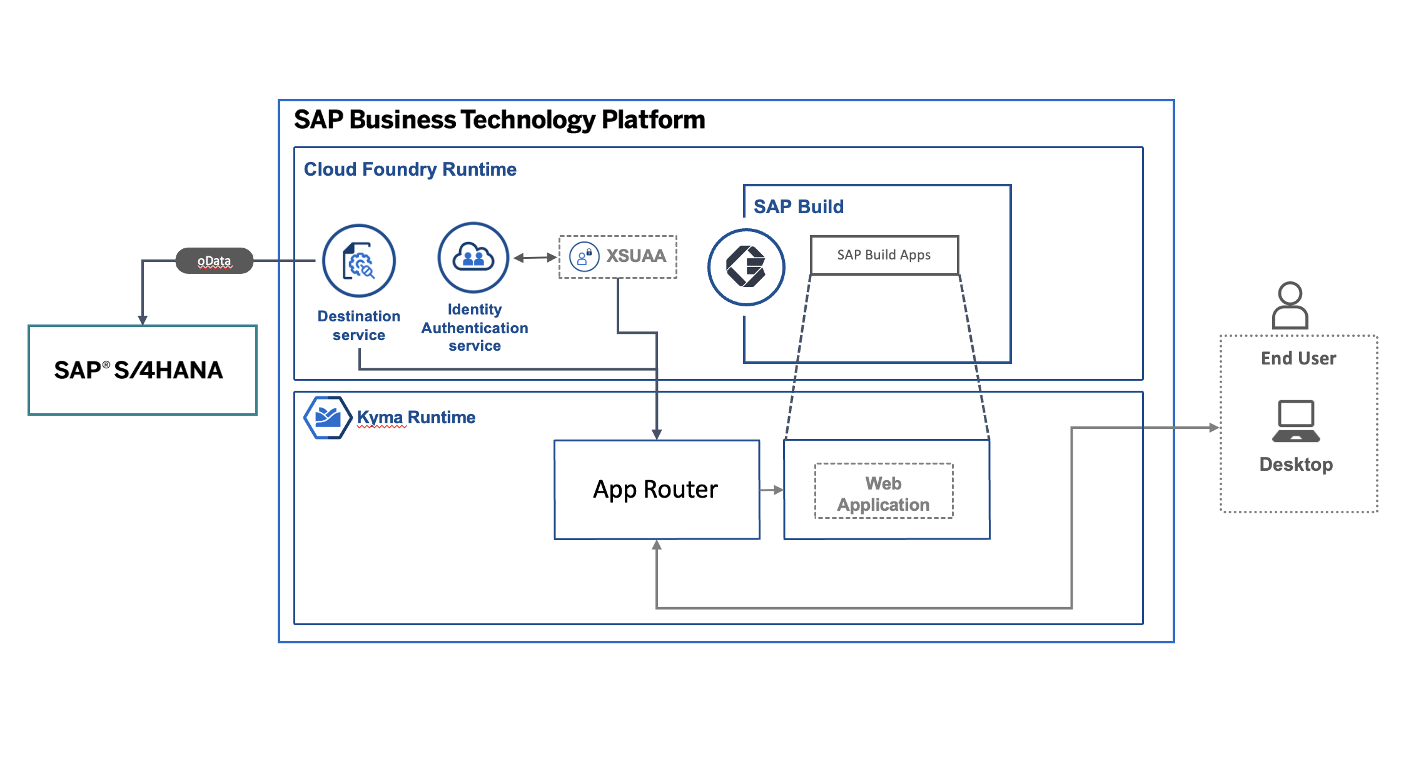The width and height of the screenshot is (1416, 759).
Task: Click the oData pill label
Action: pos(214,261)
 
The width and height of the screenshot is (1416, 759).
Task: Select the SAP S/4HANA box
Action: pos(143,370)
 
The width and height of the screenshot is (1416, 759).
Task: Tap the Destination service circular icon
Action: pos(359,261)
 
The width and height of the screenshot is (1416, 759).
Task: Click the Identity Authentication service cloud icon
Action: pos(473,258)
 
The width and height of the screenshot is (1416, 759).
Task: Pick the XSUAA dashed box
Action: pos(618,256)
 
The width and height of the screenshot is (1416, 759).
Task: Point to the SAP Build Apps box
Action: pos(884,255)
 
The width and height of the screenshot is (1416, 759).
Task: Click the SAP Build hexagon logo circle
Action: pos(746,267)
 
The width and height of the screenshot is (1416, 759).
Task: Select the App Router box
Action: pos(657,490)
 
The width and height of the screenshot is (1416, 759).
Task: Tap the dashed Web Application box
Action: pos(884,491)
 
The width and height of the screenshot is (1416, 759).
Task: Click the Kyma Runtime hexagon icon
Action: pos(327,418)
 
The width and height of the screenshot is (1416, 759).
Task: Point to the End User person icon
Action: pos(1290,305)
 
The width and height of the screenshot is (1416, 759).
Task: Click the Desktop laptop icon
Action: pos(1296,421)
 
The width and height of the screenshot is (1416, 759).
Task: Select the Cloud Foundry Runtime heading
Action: pos(410,169)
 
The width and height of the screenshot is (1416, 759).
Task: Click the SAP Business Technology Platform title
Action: pos(499,119)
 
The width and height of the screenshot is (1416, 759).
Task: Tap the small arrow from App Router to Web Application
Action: pos(772,490)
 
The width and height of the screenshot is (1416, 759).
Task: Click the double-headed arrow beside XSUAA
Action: pos(535,257)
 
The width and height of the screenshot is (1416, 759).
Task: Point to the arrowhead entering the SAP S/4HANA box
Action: pos(143,319)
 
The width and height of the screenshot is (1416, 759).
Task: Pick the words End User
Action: pos(1298,358)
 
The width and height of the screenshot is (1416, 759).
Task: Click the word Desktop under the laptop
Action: pos(1296,465)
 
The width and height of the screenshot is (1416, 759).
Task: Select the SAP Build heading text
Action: pos(798,207)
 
